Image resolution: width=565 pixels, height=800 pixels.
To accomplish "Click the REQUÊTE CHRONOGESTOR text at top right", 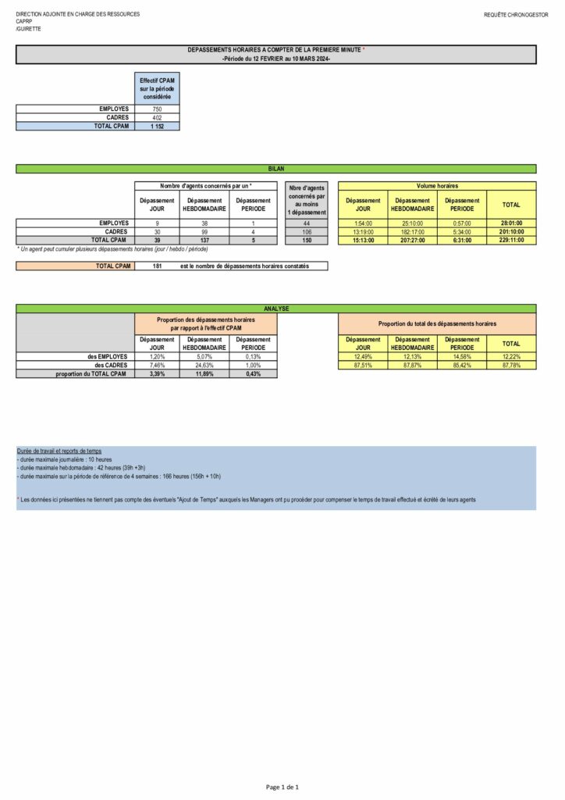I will pyautogui.click(x=516, y=15).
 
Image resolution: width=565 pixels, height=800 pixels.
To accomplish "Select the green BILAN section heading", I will pyautogui.click(x=276, y=168).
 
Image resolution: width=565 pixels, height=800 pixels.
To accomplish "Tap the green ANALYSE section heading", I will pyautogui.click(x=276, y=309).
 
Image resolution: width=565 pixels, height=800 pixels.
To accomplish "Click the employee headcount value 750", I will pyautogui.click(x=157, y=109).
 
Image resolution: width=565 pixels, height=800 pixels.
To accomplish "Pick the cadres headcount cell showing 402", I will pyautogui.click(x=157, y=117).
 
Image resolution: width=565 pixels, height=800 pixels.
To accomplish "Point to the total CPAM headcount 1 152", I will pyautogui.click(x=157, y=126).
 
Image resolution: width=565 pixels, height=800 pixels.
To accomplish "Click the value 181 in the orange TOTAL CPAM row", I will pyautogui.click(x=157, y=266).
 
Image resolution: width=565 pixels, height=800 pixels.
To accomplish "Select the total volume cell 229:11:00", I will pyautogui.click(x=511, y=240).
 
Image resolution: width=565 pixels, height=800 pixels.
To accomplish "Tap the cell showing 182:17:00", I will pyautogui.click(x=412, y=231).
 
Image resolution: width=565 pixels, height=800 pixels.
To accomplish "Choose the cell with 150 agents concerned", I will pyautogui.click(x=306, y=240).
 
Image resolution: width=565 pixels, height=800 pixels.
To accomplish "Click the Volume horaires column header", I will pyautogui.click(x=437, y=186).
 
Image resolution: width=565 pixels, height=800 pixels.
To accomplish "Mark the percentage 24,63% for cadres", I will pyautogui.click(x=205, y=365).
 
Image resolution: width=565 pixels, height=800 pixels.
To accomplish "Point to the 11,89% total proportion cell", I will pyautogui.click(x=205, y=373).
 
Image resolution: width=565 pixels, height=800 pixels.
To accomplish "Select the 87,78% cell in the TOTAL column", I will pyautogui.click(x=511, y=365).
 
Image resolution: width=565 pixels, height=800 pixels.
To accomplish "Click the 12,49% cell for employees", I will pyautogui.click(x=363, y=356).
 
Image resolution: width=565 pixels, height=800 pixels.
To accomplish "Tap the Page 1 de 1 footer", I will pyautogui.click(x=282, y=787).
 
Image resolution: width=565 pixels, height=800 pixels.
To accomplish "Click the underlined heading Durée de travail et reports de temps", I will pyautogui.click(x=59, y=452).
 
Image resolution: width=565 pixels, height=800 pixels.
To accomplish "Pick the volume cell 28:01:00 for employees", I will pyautogui.click(x=511, y=223).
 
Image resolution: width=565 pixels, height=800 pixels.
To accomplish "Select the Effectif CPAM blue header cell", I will pyautogui.click(x=157, y=88).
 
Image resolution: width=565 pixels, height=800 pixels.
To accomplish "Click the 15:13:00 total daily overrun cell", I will pyautogui.click(x=363, y=240).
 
